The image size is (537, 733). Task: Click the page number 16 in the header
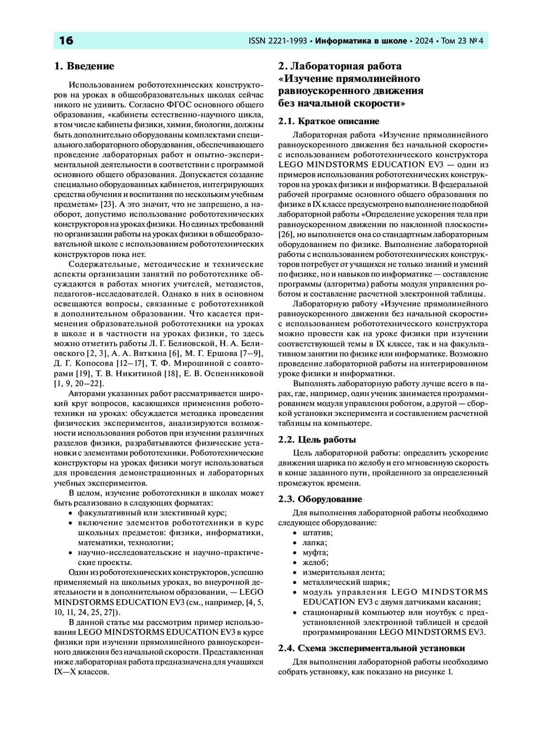pos(66,41)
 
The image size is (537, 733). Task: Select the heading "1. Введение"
pos(84,66)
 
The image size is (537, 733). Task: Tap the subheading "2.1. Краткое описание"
pos(328,121)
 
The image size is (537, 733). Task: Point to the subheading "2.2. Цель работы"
pos(317,440)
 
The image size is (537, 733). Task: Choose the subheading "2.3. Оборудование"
pos(320,499)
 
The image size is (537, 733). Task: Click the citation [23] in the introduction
pos(108,204)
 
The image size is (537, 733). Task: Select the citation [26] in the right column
pos(285,234)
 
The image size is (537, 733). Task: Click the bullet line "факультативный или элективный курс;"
pos(153,513)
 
